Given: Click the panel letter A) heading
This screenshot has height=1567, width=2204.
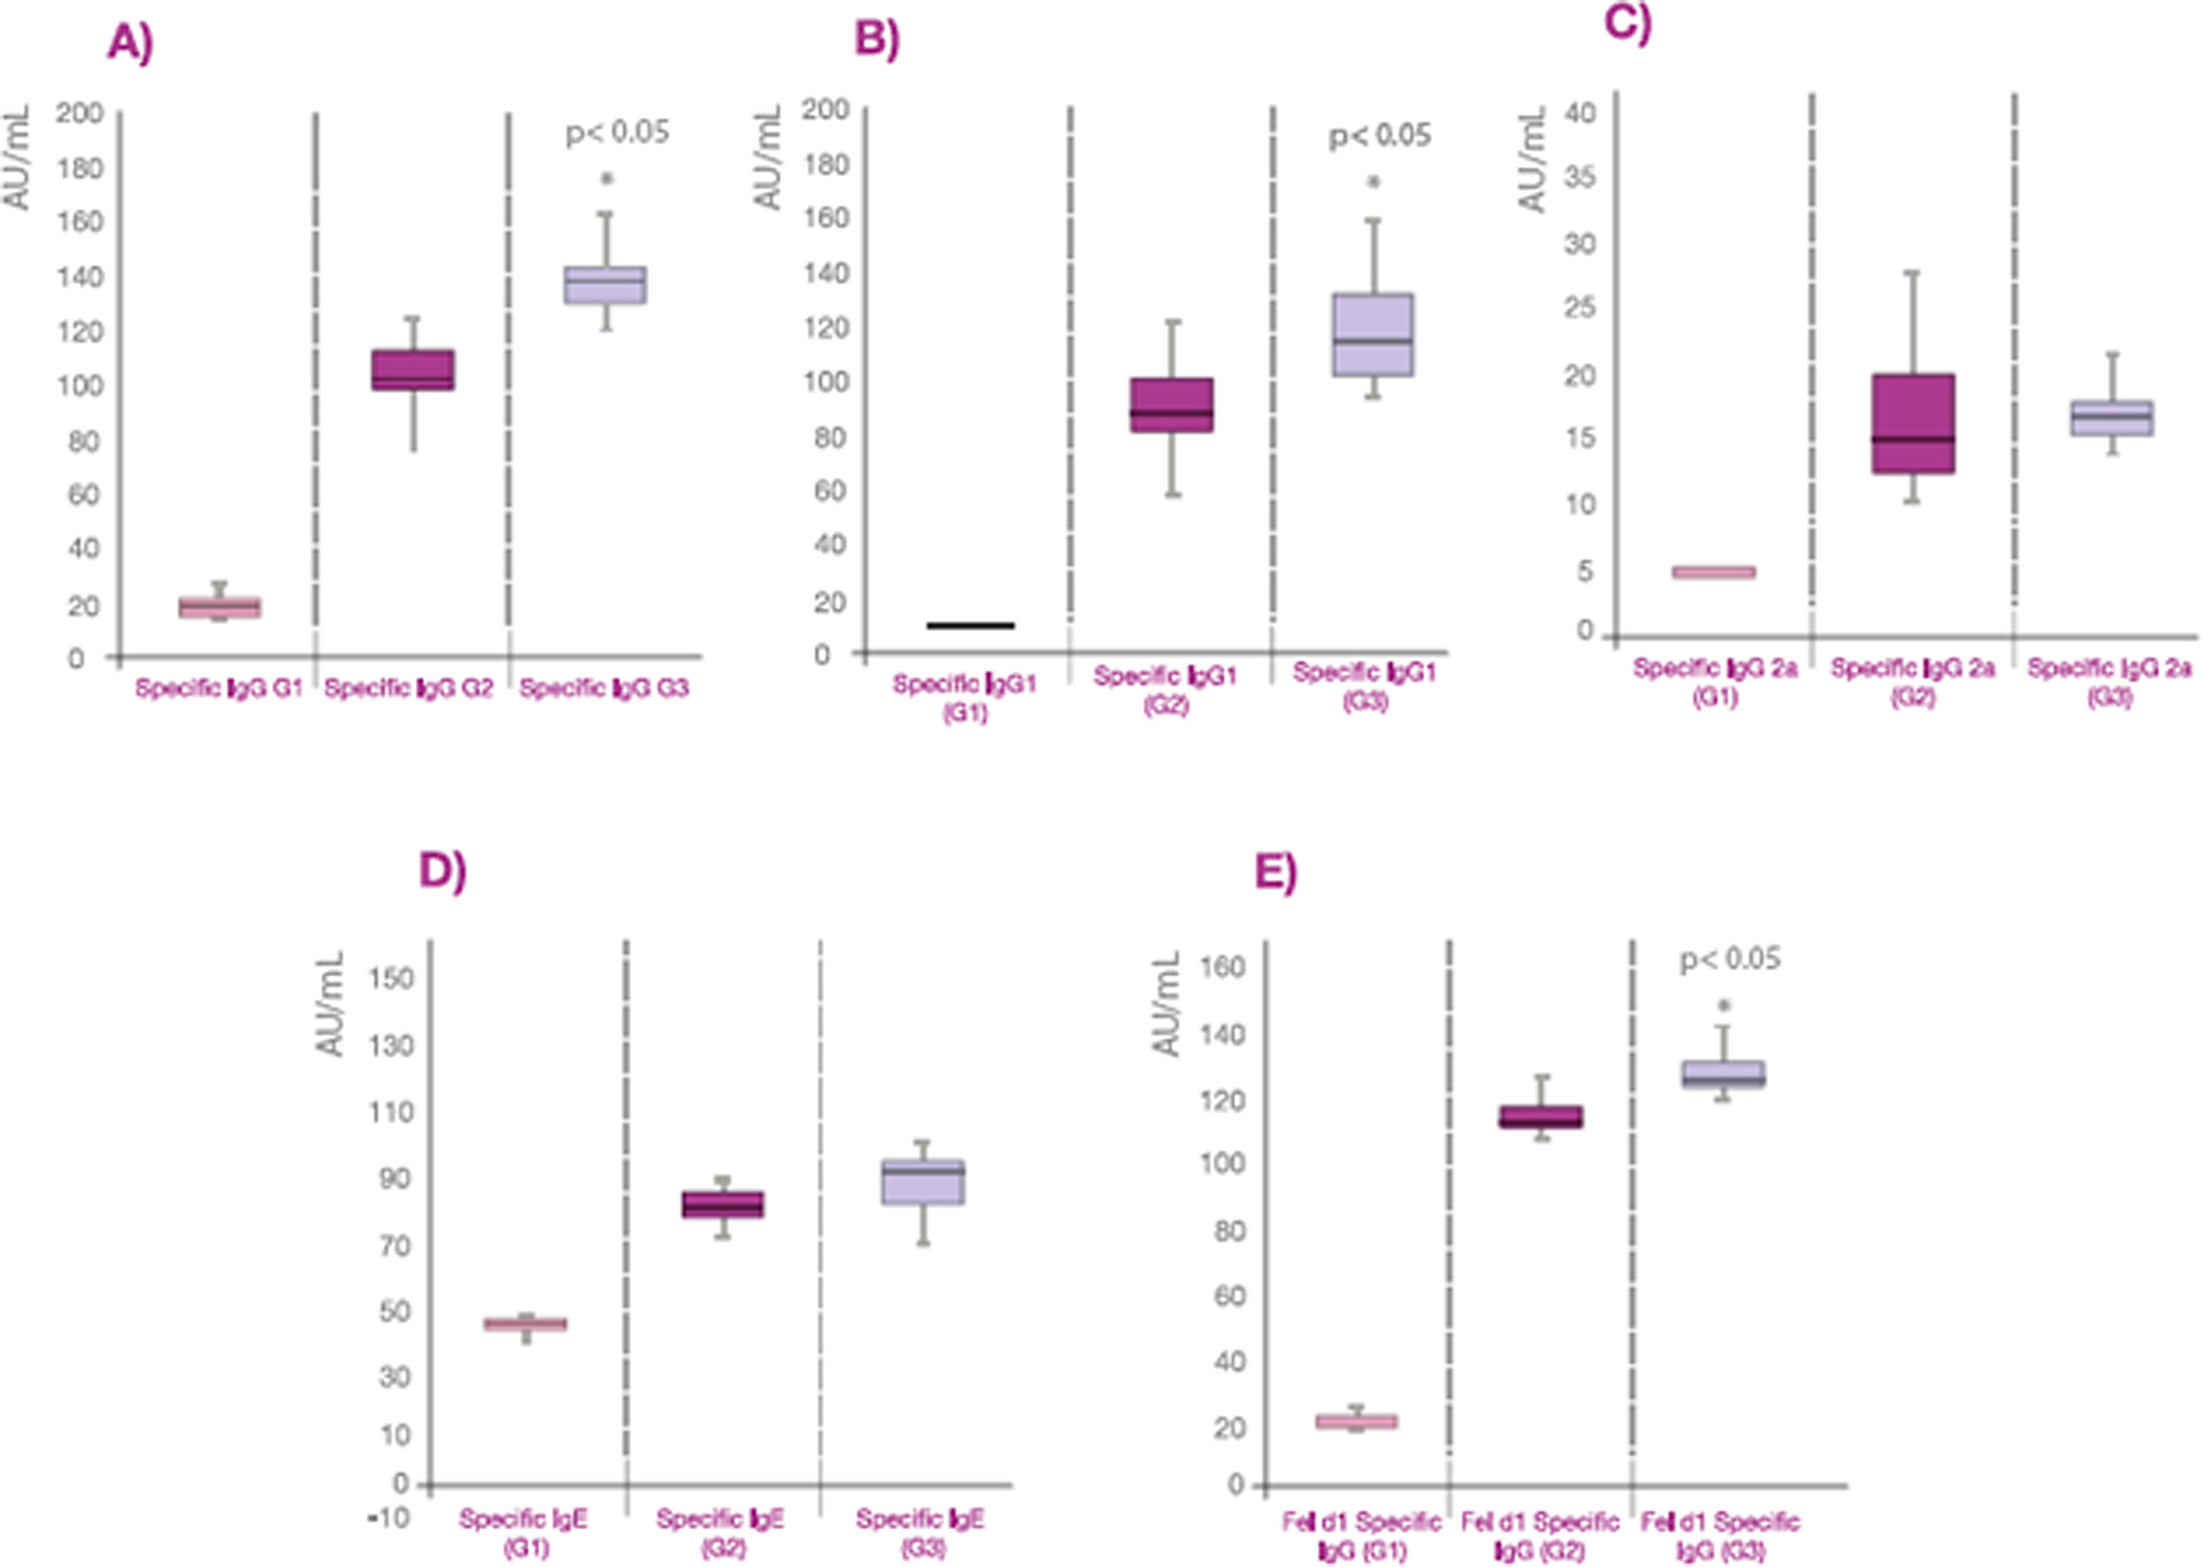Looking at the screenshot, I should pyautogui.click(x=130, y=45).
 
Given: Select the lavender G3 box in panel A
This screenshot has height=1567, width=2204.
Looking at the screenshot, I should pyautogui.click(x=605, y=285).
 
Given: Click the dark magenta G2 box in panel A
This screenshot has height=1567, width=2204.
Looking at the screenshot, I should pyautogui.click(x=413, y=369).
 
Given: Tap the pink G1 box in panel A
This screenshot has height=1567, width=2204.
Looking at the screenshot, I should pyautogui.click(x=219, y=607).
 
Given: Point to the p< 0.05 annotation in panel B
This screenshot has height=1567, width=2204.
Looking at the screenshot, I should pyautogui.click(x=1380, y=135).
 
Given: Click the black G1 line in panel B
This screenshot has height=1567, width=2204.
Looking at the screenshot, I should pyautogui.click(x=970, y=626).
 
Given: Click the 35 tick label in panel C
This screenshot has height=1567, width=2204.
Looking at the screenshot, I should pyautogui.click(x=1578, y=178).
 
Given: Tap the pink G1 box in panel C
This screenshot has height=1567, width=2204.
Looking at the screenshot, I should pyautogui.click(x=1714, y=572).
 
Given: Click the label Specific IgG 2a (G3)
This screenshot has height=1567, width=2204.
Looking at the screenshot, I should pyautogui.click(x=2110, y=682).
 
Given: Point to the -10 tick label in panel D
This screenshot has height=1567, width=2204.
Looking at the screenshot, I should pyautogui.click(x=387, y=1518).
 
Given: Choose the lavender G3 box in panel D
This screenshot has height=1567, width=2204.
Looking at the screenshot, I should pyautogui.click(x=923, y=1182).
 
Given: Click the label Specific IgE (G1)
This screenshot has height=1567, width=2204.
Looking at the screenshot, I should pyautogui.click(x=524, y=1532).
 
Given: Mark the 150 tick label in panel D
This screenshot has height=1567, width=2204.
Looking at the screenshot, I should pyautogui.click(x=391, y=978).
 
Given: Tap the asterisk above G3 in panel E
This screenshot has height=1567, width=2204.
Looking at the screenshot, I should pyautogui.click(x=1723, y=1006).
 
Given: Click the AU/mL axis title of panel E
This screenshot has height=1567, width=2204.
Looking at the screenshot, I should pyautogui.click(x=1167, y=1003).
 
